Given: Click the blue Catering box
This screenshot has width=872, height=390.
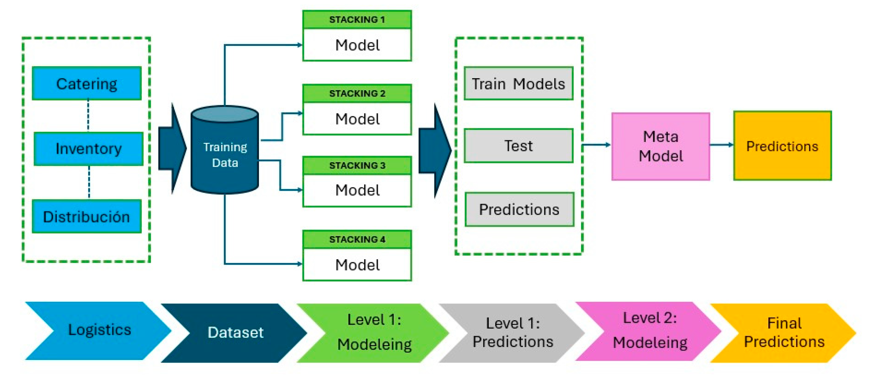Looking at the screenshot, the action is [87, 83].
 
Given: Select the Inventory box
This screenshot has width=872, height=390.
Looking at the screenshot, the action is [88, 149].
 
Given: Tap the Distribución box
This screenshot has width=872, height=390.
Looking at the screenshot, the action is [87, 216].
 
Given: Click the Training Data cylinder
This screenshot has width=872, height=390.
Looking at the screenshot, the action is [225, 150].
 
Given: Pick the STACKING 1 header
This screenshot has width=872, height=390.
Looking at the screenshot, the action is [357, 19].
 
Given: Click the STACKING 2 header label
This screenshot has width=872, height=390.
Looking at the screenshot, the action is [357, 93].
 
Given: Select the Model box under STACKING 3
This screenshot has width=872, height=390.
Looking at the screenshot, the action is [357, 190].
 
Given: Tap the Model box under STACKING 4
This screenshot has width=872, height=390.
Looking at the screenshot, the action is [357, 265].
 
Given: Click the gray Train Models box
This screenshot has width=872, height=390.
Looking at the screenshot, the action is [518, 83].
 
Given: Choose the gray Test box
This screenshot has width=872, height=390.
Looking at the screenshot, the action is [518, 146].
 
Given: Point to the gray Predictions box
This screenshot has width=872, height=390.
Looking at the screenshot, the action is [519, 209].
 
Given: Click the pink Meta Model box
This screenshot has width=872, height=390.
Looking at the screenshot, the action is [661, 146].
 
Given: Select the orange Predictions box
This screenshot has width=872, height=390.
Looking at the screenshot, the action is [782, 146].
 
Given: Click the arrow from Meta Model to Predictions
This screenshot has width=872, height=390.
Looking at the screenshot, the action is [722, 145].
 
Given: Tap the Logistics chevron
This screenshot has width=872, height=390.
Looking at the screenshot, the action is [98, 330].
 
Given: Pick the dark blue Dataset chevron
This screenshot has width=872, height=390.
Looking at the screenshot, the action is [234, 333].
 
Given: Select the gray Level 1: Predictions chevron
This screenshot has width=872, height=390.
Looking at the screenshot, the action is [512, 333].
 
